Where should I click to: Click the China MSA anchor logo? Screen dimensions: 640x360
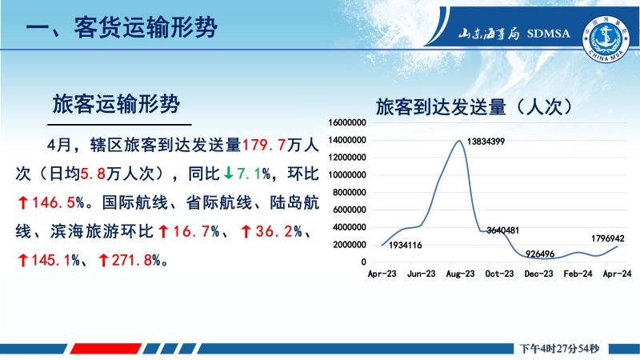(606, 39)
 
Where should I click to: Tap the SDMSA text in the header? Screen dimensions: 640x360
(548, 34)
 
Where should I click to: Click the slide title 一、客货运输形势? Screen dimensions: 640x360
(122, 27)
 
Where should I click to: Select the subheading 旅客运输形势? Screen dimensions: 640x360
(116, 104)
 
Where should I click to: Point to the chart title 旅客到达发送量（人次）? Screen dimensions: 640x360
(474, 107)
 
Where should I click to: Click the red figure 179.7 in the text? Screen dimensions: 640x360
(264, 145)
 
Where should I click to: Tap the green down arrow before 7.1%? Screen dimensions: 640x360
(228, 174)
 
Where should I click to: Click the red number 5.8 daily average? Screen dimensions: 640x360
(93, 174)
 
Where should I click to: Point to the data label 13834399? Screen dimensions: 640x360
(486, 142)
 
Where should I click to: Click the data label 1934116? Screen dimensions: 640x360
(406, 246)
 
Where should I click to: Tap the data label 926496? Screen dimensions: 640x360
(540, 254)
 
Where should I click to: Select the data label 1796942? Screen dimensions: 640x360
(608, 238)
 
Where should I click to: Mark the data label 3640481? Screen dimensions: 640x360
(503, 230)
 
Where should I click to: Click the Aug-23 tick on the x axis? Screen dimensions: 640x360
(461, 274)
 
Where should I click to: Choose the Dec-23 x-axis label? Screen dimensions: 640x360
(538, 274)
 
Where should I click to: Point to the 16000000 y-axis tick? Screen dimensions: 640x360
(347, 122)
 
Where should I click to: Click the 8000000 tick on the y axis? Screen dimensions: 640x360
(350, 192)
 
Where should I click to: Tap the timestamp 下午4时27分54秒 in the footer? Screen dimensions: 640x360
(559, 349)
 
